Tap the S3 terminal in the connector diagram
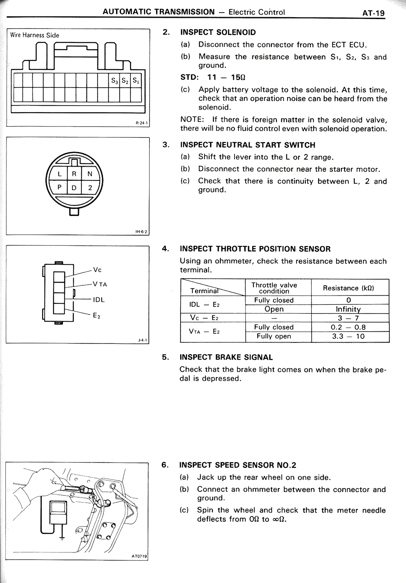(114, 81)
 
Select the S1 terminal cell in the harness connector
(136, 81)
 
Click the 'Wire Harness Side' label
(35, 35)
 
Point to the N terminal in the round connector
(90, 174)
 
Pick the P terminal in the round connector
(59, 188)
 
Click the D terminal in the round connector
(74, 188)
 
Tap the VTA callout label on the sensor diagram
(100, 284)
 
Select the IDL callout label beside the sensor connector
(99, 299)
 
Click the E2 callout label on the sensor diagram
(96, 316)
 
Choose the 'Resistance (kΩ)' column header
(348, 288)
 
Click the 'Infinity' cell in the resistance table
(348, 309)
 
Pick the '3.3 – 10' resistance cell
(348, 336)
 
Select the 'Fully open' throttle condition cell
(274, 336)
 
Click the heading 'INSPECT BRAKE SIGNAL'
(226, 357)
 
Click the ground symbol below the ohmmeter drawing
(62, 538)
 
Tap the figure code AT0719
(139, 556)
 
